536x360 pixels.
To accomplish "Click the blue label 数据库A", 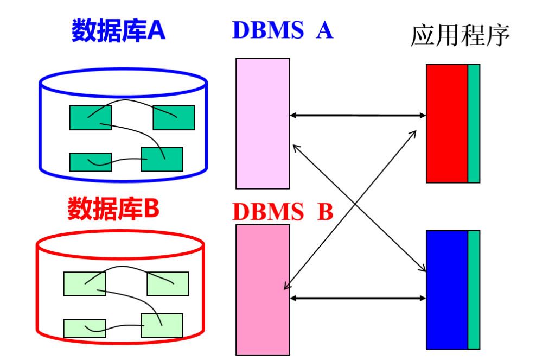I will tap(118, 31).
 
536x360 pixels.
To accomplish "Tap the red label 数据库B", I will tap(113, 209).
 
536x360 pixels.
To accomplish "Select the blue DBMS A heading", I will tap(282, 30).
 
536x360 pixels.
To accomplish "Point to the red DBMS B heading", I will tap(282, 212).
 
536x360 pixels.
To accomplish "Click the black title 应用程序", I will tap(461, 36).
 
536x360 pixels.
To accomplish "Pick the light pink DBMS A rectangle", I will tap(263, 123).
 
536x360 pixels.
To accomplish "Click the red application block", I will tap(447, 123).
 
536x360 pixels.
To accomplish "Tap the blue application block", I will tap(447, 289).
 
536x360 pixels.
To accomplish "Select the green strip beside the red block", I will tap(474, 123).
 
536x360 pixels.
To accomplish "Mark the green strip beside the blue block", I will tap(474, 289).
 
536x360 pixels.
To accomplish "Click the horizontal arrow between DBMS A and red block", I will tap(358, 115).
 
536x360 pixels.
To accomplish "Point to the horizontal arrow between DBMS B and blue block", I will tap(358, 298).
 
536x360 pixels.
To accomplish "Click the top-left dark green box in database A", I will tap(90, 118).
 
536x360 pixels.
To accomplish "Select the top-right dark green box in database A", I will tap(174, 118).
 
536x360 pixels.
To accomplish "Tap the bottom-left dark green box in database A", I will tap(90, 162).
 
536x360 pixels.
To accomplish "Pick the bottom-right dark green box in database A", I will tap(162, 159).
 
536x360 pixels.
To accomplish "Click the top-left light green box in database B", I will tap(85, 283).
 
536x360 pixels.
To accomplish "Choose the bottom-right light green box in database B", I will tap(162, 325).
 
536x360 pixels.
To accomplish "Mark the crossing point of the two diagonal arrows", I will tap(355, 205).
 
